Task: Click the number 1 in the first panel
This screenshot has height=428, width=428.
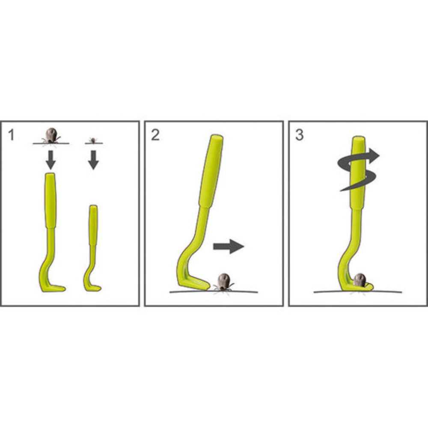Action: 11,135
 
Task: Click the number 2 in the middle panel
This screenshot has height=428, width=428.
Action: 155,135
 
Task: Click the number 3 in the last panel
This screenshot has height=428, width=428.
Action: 300,135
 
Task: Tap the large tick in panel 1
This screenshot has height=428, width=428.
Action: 51,136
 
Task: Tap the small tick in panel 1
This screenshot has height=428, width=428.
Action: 93,140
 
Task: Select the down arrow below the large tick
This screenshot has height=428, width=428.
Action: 51,160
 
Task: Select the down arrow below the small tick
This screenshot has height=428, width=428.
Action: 93,160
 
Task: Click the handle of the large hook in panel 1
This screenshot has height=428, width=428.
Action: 51,201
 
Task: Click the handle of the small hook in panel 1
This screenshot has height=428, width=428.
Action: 93,225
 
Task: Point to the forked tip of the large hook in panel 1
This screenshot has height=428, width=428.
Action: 59,288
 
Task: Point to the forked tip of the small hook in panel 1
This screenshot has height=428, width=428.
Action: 96,288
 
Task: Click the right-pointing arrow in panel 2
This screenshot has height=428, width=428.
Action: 229,247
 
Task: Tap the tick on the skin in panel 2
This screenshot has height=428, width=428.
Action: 223,282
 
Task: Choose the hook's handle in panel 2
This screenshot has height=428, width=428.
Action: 211,171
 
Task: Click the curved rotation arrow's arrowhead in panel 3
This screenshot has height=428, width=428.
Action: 373,156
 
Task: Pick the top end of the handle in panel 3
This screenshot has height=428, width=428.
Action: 359,138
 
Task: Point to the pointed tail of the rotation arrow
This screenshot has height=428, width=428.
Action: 342,190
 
